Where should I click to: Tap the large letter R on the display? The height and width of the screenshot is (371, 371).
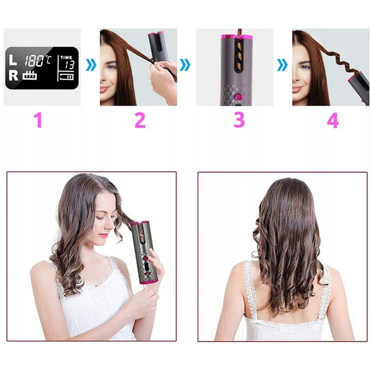click(13, 76)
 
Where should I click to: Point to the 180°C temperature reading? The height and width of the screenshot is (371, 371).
click(38, 61)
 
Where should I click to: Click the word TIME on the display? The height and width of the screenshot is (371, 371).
click(66, 57)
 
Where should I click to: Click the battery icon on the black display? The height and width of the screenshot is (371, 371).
click(67, 77)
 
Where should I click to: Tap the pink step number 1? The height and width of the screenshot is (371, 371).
click(38, 120)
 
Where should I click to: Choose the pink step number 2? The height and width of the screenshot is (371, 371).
click(140, 120)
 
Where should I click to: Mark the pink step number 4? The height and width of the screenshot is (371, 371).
click(333, 120)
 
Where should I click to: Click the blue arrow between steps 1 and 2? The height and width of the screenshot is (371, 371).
click(91, 65)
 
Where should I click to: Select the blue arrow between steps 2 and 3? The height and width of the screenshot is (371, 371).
click(185, 65)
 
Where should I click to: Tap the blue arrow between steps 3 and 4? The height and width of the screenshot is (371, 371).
click(282, 65)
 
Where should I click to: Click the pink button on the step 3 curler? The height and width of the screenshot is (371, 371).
click(238, 96)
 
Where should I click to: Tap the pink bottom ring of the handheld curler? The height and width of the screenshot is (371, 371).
click(149, 281)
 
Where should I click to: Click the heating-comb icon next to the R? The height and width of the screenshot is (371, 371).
click(30, 75)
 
